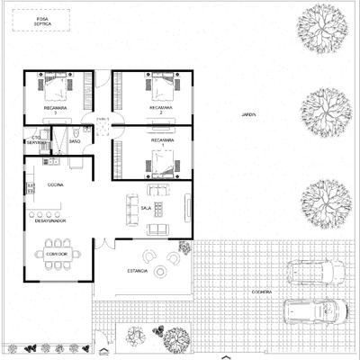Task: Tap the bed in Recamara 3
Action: tap(56, 88)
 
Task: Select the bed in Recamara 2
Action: tap(162, 88)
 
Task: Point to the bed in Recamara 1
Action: tap(162, 161)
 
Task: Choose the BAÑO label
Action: tap(75, 142)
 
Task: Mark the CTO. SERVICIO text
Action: tap(36, 140)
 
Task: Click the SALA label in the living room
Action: tap(146, 208)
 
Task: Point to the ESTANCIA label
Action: tap(138, 270)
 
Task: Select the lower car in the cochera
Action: tap(314, 310)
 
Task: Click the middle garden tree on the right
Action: tap(325, 109)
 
